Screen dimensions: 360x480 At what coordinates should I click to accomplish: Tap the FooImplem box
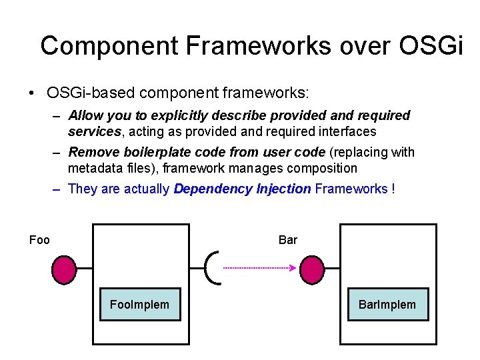click(x=140, y=305)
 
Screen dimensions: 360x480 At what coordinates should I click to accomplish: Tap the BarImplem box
click(x=387, y=305)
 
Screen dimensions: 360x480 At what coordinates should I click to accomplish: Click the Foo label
click(x=40, y=240)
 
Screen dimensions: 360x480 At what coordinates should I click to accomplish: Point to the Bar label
click(x=288, y=240)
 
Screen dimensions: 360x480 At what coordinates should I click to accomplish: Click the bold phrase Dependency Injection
click(x=242, y=189)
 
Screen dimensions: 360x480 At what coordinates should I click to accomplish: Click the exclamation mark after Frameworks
click(x=393, y=189)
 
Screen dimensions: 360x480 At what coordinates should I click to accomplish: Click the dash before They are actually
click(x=56, y=189)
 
